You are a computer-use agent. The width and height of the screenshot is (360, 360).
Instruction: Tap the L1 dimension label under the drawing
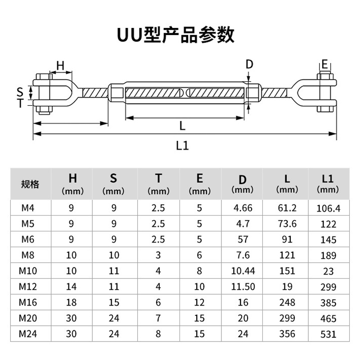(182, 145)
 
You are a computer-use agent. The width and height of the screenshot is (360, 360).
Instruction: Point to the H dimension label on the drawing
(60, 66)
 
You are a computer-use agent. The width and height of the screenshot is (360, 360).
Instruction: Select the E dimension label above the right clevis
(324, 63)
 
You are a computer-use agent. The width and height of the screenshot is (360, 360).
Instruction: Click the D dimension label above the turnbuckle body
(249, 65)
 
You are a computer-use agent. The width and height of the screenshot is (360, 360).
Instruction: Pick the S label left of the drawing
(20, 91)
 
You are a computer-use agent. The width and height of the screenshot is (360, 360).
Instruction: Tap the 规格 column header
(31, 184)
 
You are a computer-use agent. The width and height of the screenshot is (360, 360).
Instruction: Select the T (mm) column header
(159, 183)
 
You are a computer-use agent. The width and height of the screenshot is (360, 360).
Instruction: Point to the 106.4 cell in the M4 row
(328, 209)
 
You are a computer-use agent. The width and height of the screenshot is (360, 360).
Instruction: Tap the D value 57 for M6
(243, 239)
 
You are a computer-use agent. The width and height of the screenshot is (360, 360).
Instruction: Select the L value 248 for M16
(287, 302)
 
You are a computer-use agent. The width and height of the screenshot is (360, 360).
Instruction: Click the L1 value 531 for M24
(328, 334)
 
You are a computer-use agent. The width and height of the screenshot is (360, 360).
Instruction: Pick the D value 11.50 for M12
(243, 287)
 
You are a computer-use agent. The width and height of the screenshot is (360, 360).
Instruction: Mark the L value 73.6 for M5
(287, 224)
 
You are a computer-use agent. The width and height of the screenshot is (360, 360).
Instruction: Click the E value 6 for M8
(200, 255)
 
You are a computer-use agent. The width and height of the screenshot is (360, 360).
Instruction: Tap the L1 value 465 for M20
(328, 319)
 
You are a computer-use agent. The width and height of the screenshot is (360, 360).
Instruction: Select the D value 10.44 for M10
(243, 271)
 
